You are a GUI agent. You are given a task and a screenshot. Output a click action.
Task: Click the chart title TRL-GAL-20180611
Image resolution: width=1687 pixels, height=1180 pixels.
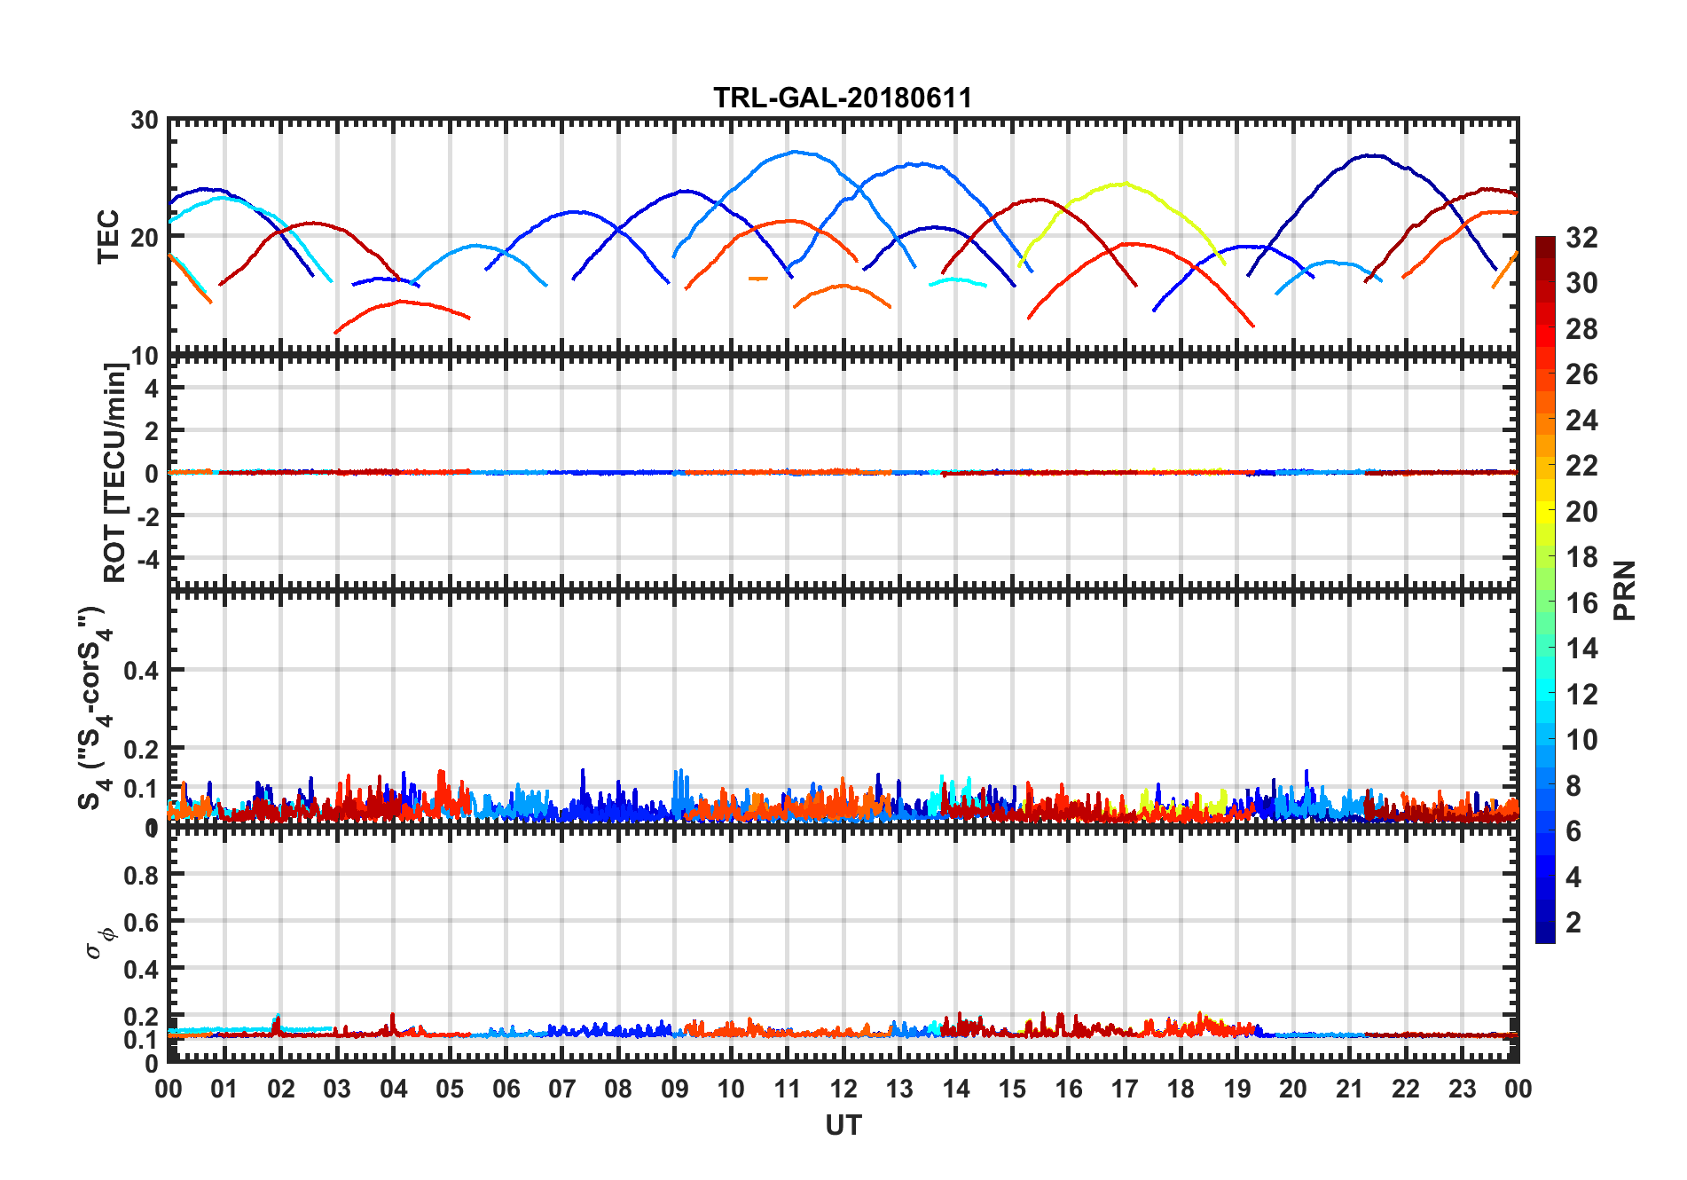(x=842, y=98)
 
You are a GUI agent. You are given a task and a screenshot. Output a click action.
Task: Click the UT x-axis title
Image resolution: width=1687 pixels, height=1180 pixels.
(x=843, y=1125)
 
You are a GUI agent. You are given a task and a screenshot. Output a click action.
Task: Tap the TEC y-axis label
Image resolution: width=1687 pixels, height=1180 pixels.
(x=108, y=237)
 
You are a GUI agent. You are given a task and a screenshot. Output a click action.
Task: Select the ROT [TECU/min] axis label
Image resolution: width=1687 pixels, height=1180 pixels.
(x=114, y=472)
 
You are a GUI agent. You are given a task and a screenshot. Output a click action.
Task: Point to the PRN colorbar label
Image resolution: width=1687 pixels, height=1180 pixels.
(x=1624, y=590)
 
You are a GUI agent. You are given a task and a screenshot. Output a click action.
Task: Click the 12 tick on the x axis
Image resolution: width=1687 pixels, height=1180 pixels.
(x=843, y=1089)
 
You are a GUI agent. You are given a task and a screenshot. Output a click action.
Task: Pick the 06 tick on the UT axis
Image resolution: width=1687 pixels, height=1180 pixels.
(x=506, y=1089)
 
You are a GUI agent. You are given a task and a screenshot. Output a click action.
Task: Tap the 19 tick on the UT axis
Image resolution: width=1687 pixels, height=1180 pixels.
(x=1236, y=1089)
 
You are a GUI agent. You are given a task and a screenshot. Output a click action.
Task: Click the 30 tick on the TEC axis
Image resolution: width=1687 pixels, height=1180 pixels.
(x=145, y=121)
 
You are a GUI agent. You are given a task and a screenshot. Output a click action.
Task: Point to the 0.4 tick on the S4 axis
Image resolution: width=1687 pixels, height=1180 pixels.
(x=142, y=671)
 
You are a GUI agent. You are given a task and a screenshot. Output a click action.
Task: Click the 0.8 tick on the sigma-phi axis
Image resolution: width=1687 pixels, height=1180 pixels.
(x=142, y=875)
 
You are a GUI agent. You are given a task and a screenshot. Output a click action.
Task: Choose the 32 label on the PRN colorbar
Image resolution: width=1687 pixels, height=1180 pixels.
(x=1581, y=238)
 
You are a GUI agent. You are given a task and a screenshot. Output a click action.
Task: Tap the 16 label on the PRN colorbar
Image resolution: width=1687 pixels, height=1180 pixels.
(x=1581, y=603)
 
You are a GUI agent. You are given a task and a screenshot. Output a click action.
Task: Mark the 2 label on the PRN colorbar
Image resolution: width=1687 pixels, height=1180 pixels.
(x=1573, y=923)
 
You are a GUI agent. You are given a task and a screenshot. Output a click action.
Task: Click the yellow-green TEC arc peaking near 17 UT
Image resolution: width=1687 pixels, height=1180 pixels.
(x=1124, y=185)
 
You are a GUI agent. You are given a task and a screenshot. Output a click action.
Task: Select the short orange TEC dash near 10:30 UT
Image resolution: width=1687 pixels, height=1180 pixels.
(x=757, y=279)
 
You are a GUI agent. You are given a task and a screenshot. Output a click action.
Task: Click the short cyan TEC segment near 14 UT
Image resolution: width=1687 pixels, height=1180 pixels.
(x=956, y=280)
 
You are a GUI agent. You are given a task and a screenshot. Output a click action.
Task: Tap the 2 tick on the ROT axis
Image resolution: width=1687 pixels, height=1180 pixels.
(x=153, y=430)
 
